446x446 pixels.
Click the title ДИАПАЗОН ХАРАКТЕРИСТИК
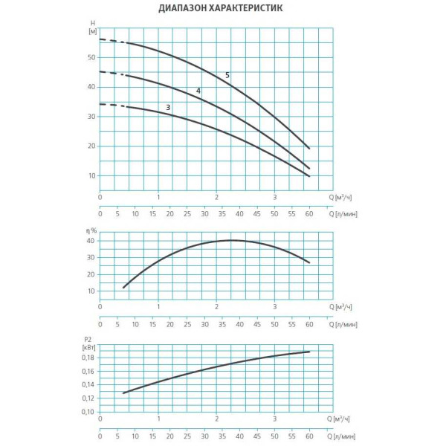[x=220, y=10]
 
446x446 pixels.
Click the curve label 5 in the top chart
[x=227, y=75]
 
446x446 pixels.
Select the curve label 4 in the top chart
[x=198, y=91]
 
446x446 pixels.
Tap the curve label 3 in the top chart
[x=169, y=108]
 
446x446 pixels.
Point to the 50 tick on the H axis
[x=92, y=57]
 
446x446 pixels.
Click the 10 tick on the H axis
[x=92, y=176]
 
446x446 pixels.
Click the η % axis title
[x=92, y=231]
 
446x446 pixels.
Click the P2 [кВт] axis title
[x=89, y=342]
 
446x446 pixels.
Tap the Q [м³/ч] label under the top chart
[x=343, y=197]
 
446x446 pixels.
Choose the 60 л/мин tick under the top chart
[x=309, y=215]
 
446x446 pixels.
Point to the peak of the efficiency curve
[x=232, y=240]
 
